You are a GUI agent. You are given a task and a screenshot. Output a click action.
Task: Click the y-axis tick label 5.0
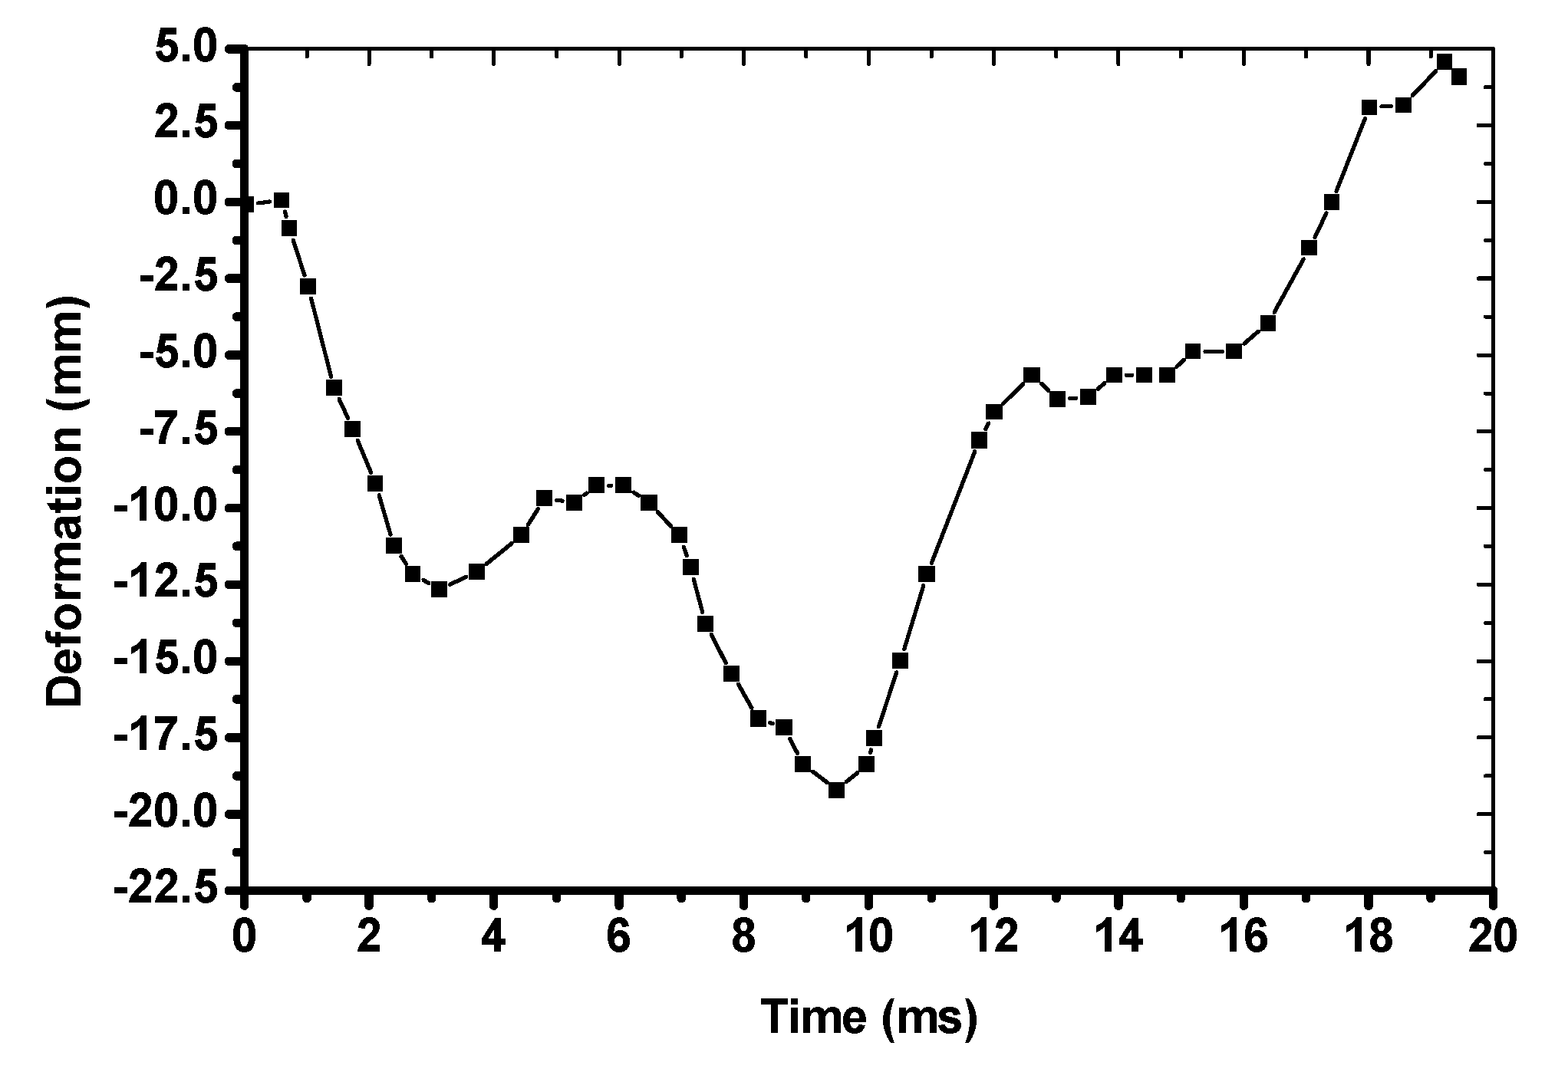187,49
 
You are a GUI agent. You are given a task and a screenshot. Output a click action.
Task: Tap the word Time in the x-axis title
814,1017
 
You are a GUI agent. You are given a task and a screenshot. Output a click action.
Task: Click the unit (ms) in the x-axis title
930,1018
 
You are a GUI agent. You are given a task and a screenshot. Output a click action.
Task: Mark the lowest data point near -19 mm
837,790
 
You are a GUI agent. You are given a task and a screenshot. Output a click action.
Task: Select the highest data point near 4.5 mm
1445,61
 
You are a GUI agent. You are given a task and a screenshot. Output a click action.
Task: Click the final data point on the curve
1459,77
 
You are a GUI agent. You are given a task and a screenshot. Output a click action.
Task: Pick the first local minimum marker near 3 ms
439,589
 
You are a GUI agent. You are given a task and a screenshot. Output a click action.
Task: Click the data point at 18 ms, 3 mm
1369,107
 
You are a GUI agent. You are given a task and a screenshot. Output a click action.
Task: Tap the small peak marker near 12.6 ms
1032,374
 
